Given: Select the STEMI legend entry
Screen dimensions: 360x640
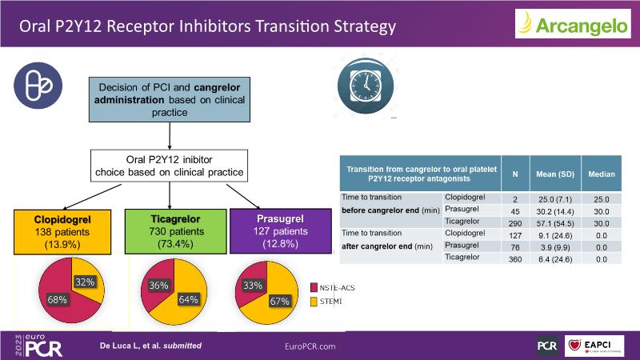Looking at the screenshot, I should tap(330, 302).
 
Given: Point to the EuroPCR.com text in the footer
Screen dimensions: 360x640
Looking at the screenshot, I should tap(310, 346).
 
